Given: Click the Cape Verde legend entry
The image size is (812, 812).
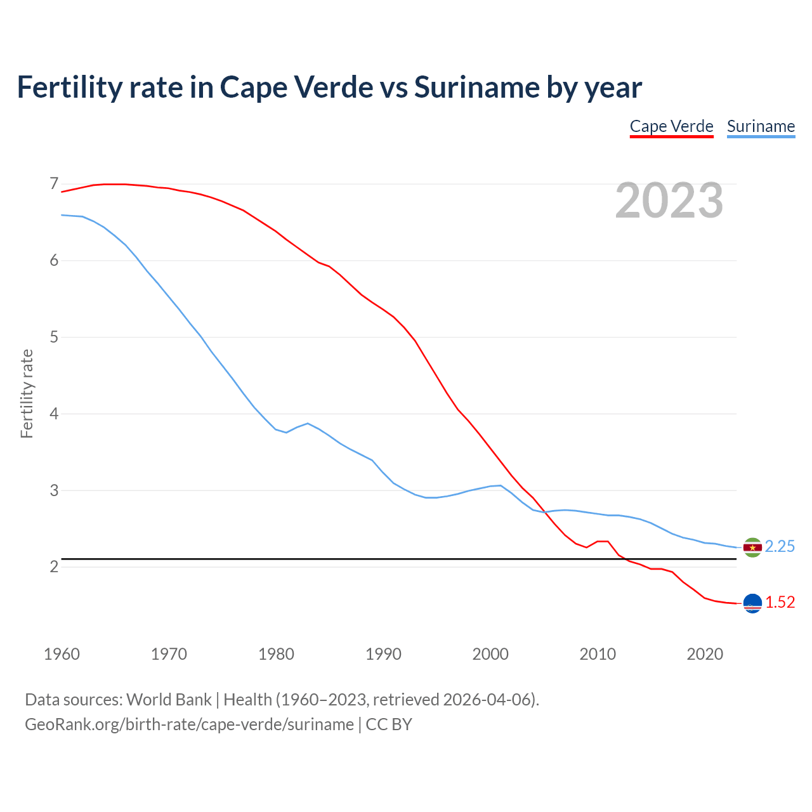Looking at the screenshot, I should tap(671, 126).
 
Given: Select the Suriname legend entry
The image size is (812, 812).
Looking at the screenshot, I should tap(761, 126).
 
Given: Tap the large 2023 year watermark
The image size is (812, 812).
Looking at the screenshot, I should tap(669, 200).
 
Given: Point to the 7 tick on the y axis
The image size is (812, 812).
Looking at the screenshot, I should tap(54, 184).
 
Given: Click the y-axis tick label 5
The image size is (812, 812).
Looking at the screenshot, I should tap(54, 337).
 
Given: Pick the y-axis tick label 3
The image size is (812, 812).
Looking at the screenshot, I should tap(54, 490).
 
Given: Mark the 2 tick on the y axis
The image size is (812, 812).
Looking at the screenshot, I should tap(54, 566).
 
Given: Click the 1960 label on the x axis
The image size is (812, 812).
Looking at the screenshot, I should tap(62, 654).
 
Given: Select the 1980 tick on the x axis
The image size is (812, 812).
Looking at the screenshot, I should tap(276, 654).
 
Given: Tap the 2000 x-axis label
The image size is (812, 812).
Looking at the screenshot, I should tap(490, 654).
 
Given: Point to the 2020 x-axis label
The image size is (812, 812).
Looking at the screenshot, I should tap(705, 654).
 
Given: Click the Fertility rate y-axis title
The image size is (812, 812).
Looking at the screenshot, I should tap(27, 393).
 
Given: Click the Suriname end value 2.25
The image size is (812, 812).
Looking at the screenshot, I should tap(780, 547).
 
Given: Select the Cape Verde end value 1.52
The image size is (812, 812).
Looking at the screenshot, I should tap(780, 603).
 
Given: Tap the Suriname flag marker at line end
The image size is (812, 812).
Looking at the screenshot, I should tap(752, 547).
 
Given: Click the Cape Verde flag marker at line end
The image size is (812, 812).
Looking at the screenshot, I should tap(752, 603).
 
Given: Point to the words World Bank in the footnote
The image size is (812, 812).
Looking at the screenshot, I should tap(169, 700).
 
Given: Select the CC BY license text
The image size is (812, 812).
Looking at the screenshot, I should tap(389, 724).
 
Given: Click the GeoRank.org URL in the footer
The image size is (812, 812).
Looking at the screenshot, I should tap(189, 724).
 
